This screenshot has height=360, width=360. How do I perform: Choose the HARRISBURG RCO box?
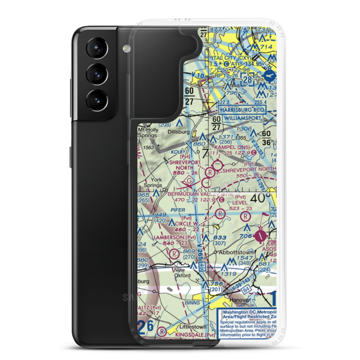click(x=242, y=109)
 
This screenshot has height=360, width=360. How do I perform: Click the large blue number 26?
click(x=146, y=329)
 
